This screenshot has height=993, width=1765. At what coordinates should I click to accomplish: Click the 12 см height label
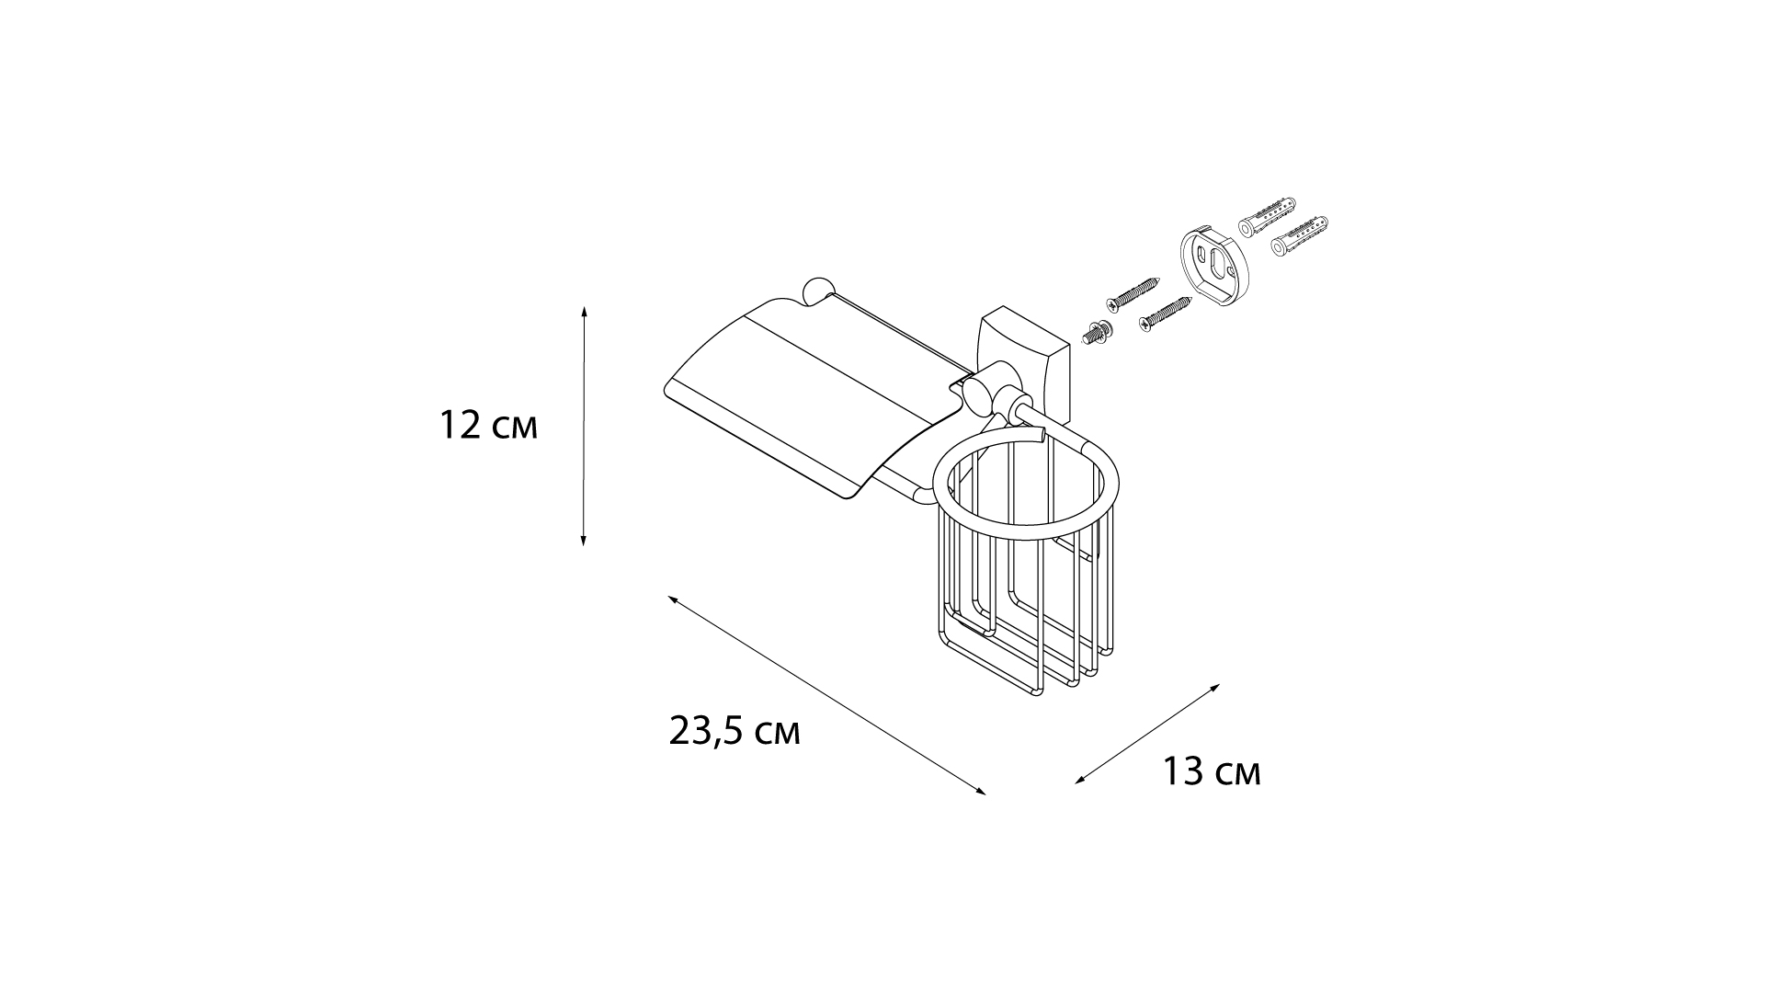tap(488, 427)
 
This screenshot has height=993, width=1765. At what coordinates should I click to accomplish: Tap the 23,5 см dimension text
tap(734, 732)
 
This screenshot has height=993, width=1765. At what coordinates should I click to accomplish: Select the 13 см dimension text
tap(1212, 772)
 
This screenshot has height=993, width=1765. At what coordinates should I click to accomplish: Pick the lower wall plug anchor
tap(1299, 235)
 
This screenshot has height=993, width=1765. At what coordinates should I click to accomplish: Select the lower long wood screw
tap(1165, 312)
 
